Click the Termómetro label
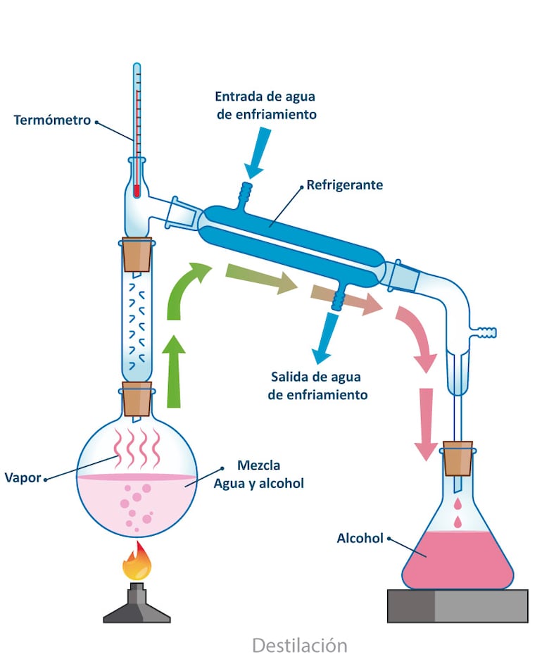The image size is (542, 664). (x=52, y=120)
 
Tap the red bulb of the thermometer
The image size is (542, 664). (x=137, y=190)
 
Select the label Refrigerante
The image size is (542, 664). (x=344, y=186)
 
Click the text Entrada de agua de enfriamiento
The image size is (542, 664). (x=266, y=105)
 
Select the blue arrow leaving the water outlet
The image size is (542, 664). (x=326, y=338)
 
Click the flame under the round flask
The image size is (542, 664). (x=137, y=563)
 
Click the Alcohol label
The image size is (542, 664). (x=360, y=539)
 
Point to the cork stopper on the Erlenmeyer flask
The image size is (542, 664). (x=458, y=459)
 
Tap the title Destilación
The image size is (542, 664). (x=299, y=644)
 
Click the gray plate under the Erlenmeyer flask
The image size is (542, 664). (x=458, y=606)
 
